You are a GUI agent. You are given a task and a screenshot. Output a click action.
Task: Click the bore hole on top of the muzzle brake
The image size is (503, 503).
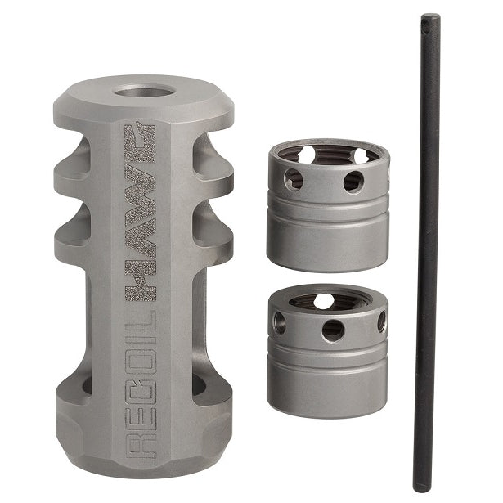144,92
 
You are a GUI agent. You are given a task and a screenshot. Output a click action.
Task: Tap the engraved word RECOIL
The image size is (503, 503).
141,383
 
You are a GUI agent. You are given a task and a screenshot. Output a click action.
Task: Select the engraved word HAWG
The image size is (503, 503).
140,212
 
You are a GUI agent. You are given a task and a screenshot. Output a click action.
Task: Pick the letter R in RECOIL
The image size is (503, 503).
141,445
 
